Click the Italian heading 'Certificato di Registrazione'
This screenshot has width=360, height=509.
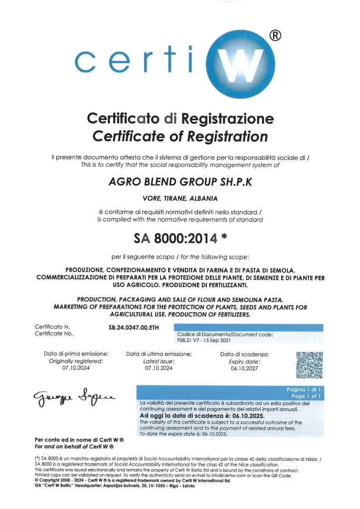point(180,119)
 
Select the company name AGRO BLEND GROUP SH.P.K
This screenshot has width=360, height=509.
point(180,182)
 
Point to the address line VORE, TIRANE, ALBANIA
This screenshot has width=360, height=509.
point(180,198)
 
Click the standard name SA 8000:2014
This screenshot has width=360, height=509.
point(176,239)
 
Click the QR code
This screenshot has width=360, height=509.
point(309,366)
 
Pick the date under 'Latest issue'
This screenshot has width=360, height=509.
point(159,368)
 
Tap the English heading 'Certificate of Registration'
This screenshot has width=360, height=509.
point(180,136)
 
